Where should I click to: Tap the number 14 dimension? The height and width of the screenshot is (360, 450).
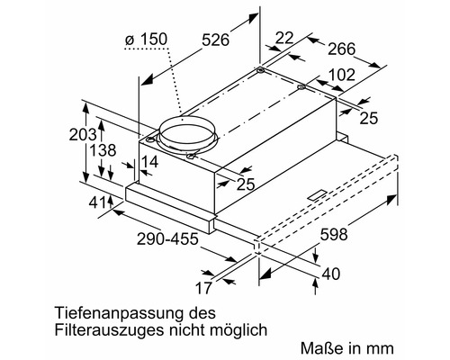click(x=148, y=162)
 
